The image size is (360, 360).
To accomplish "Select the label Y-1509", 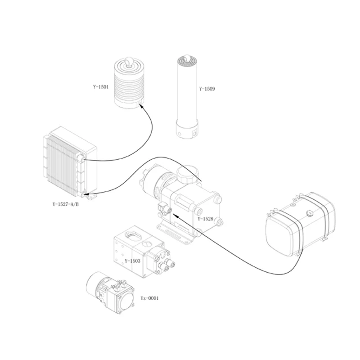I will [x=207, y=89].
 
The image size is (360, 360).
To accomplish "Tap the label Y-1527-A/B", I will [x=65, y=203].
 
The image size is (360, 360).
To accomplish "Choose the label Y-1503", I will [x=132, y=261].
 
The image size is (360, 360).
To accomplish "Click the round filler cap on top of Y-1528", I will [x=188, y=173].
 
